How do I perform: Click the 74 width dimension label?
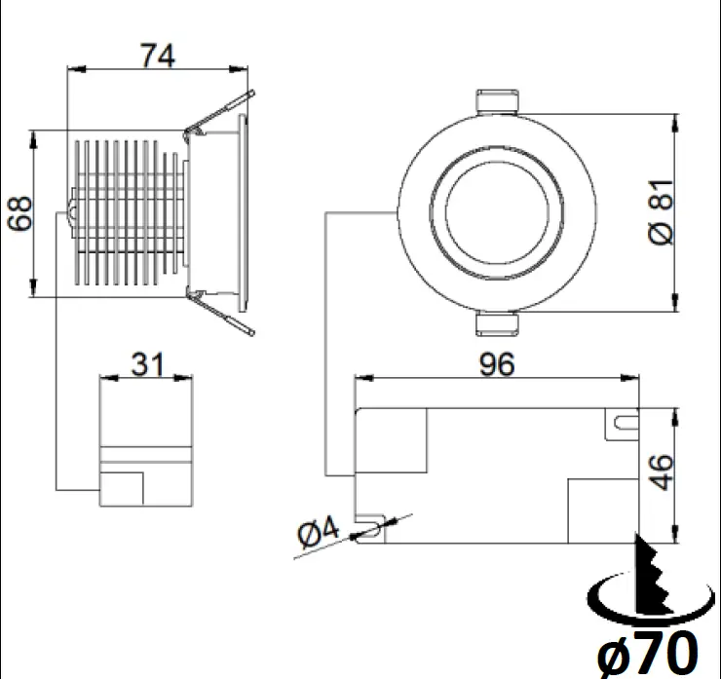[157, 56]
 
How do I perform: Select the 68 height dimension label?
[20, 212]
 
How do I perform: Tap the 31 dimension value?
[146, 365]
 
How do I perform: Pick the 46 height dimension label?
[662, 472]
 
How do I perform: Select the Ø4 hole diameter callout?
[317, 532]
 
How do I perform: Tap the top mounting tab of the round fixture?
[497, 102]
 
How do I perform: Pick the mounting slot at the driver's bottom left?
[371, 529]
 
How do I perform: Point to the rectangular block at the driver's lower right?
[602, 510]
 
